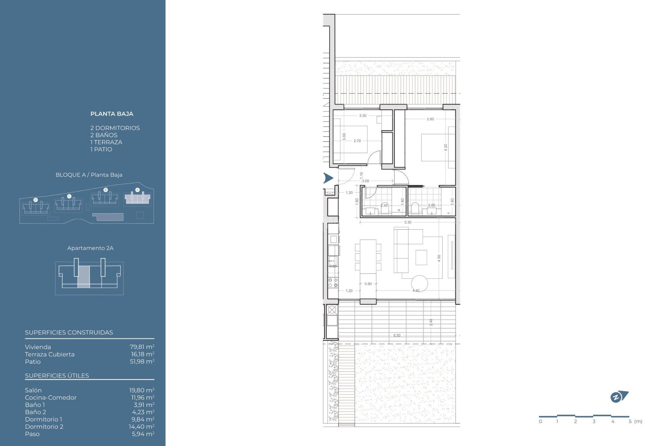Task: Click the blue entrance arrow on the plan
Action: pyautogui.click(x=328, y=178)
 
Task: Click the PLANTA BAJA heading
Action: pyautogui.click(x=111, y=114)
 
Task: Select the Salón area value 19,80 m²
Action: pyautogui.click(x=141, y=390)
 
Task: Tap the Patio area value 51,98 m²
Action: pyautogui.click(x=142, y=362)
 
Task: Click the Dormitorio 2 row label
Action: pyautogui.click(x=44, y=426)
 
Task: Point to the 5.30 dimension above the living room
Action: pyautogui.click(x=408, y=222)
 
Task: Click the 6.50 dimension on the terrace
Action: pyautogui.click(x=397, y=336)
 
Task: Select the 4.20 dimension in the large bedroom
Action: pyautogui.click(x=445, y=147)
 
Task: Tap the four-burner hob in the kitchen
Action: pyautogui.click(x=333, y=282)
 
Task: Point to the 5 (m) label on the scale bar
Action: pyautogui.click(x=635, y=422)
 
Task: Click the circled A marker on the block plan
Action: pyautogui.click(x=137, y=190)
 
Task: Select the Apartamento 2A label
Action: pyautogui.click(x=90, y=248)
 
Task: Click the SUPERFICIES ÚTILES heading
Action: pyautogui.click(x=57, y=376)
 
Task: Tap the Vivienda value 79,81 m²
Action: pyautogui.click(x=142, y=347)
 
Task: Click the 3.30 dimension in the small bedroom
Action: pyautogui.click(x=362, y=116)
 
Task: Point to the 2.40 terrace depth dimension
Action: pyautogui.click(x=431, y=322)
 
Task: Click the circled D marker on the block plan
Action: pyautogui.click(x=36, y=200)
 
